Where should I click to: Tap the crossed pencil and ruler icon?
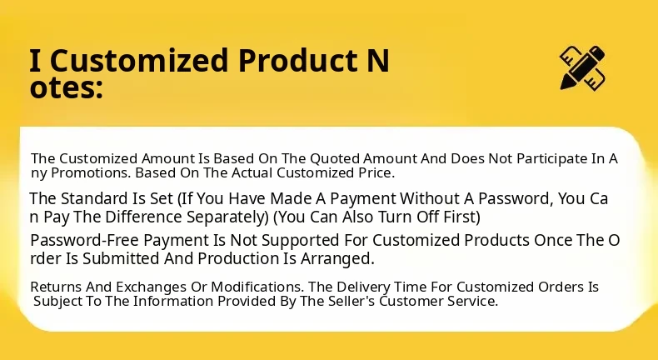(x=582, y=67)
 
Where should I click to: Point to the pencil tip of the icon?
(x=564, y=86)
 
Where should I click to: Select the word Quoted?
(x=335, y=159)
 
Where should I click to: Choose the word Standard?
(x=95, y=198)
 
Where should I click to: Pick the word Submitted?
(x=119, y=259)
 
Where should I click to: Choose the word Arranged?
(x=337, y=259)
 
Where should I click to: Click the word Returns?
(x=56, y=287)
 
